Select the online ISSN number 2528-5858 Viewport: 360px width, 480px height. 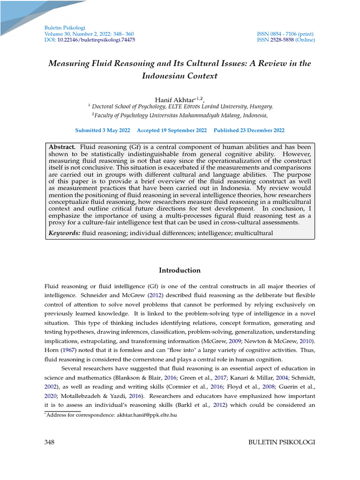[x=283, y=40]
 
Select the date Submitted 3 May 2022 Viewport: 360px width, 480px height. [x=103, y=131]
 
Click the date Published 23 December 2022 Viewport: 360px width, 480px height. [x=249, y=131]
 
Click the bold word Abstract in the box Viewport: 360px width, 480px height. [x=62, y=148]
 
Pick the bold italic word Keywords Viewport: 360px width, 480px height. [x=65, y=233]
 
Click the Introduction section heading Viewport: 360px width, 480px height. [x=180, y=270]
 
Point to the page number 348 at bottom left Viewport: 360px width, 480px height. [x=50, y=442]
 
